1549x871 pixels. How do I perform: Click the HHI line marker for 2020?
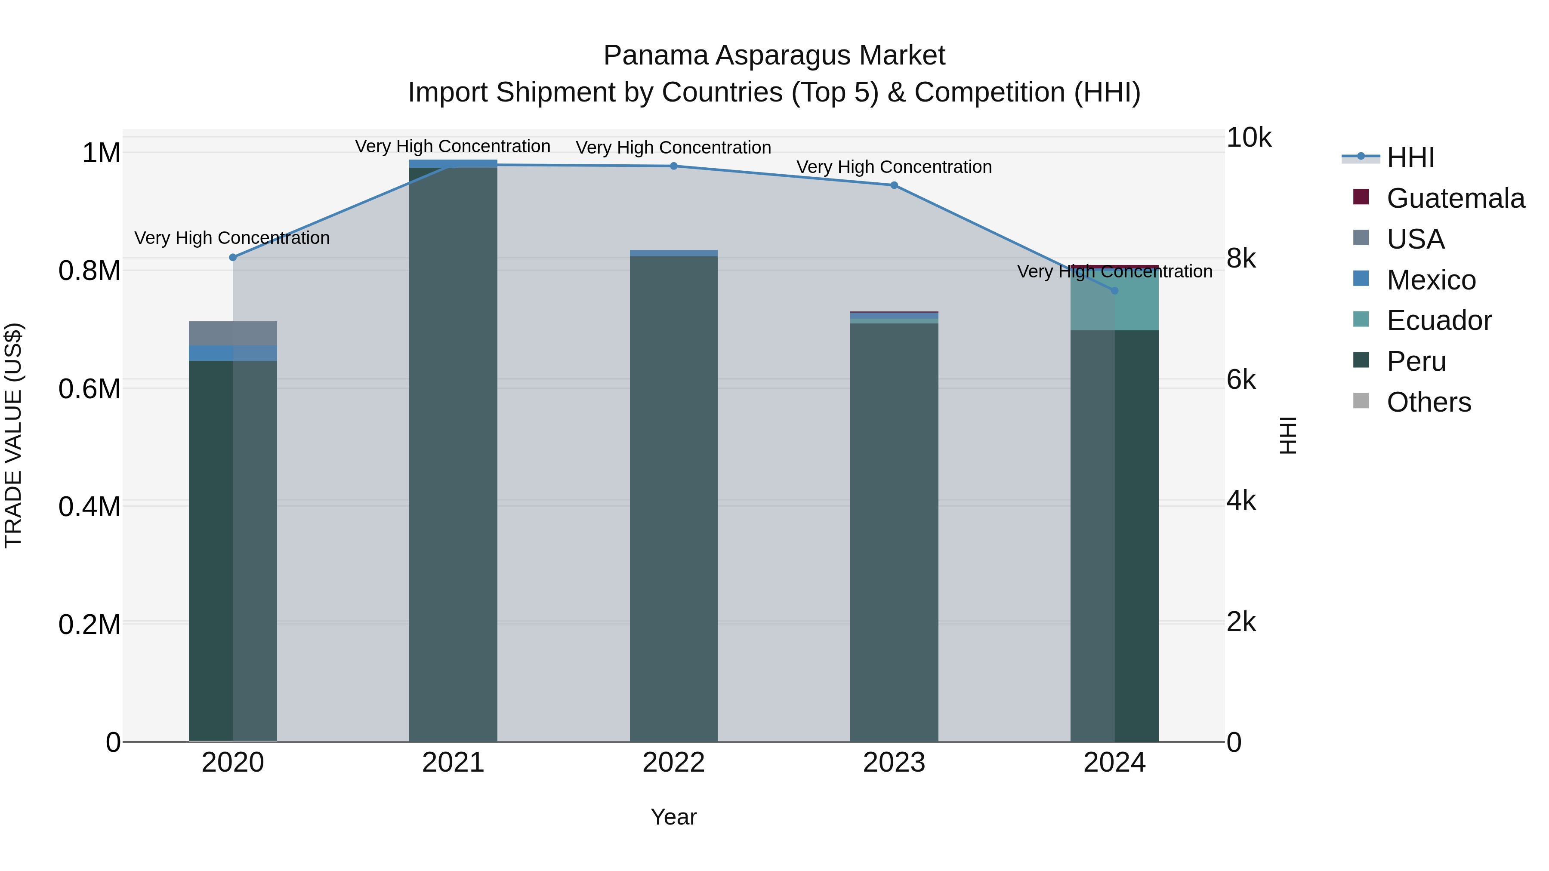point(233,257)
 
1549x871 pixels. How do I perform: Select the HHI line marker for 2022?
point(673,166)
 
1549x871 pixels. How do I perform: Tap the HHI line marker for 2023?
point(894,185)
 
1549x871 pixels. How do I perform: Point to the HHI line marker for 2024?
point(1114,290)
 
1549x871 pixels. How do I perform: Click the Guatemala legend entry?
point(1455,198)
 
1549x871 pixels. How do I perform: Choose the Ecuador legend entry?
point(1438,320)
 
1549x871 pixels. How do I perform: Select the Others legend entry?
point(1428,402)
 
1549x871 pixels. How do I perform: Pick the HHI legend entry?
point(1410,157)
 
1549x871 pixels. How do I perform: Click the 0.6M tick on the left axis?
point(89,389)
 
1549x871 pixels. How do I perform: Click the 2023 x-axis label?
point(894,763)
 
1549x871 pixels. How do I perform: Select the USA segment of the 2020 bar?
point(233,334)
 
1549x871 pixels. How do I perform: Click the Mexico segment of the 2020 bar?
point(233,354)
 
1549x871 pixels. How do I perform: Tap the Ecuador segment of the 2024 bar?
point(1114,301)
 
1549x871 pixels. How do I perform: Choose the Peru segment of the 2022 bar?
point(673,499)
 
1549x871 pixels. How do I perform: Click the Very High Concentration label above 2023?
point(894,167)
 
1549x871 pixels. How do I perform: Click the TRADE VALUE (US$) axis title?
point(13,435)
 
